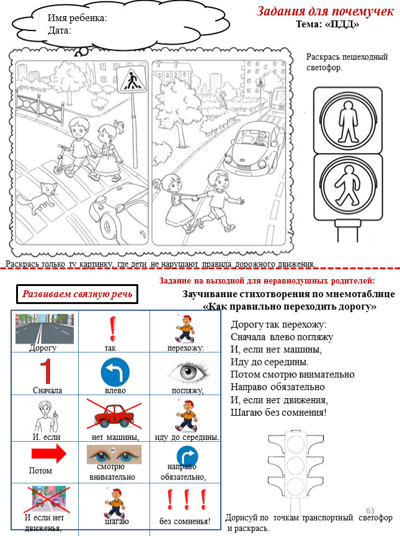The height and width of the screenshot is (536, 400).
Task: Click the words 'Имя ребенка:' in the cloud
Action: click(x=78, y=18)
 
